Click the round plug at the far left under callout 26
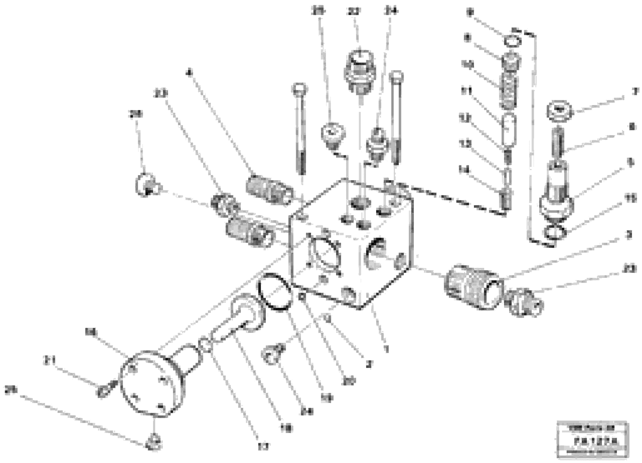(x=146, y=185)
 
